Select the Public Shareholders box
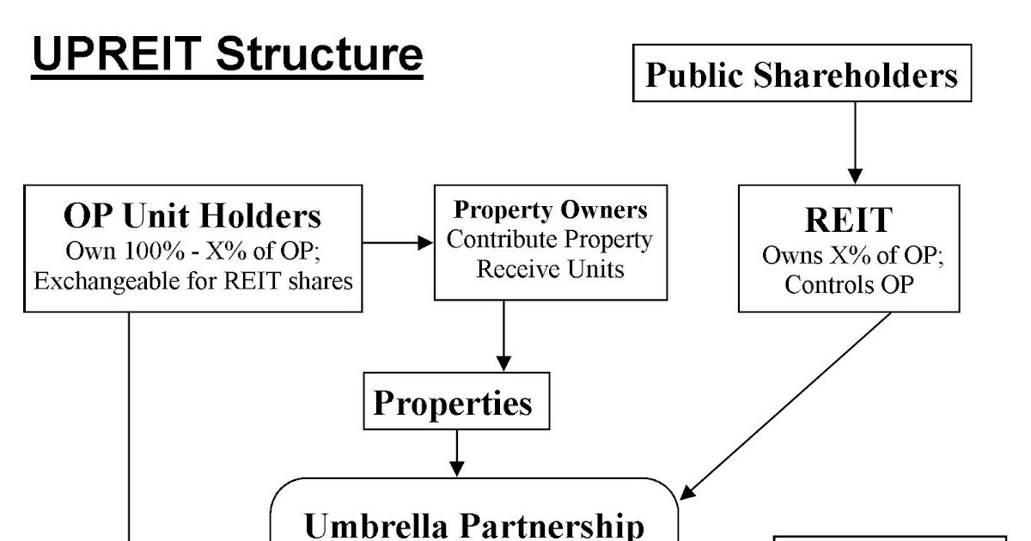coord(802,76)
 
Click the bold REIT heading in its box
coord(848,220)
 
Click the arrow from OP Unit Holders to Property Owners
coord(398,244)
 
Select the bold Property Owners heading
coord(550,210)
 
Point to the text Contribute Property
coord(550,240)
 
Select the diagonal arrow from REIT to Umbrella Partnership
coord(786,404)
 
